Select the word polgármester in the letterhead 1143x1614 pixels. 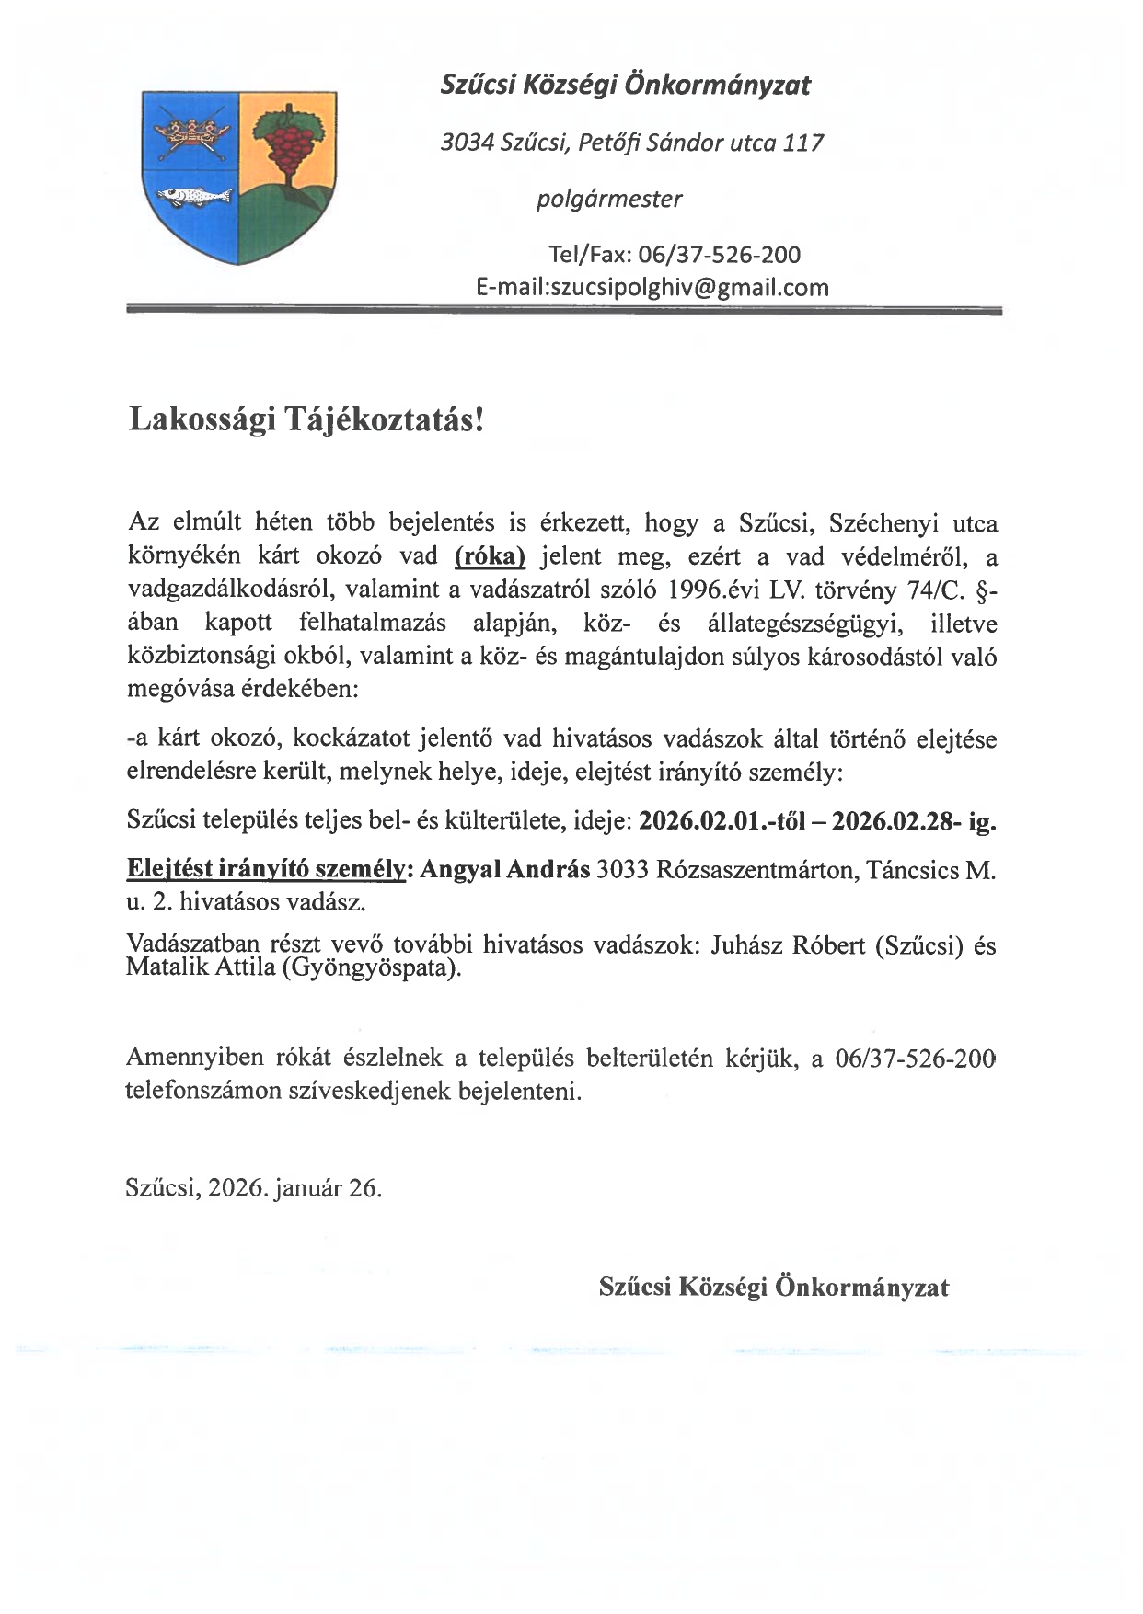[609, 199]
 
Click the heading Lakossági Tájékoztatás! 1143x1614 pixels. [305, 419]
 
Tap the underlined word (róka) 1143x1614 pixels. [490, 556]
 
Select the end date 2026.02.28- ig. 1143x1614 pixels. [913, 821]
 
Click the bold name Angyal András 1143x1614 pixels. [504, 869]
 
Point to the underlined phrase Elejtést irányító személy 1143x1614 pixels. [265, 869]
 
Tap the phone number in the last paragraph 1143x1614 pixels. [915, 1059]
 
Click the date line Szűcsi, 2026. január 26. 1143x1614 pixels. [253, 1187]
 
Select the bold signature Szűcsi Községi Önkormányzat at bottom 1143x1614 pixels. [773, 1287]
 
